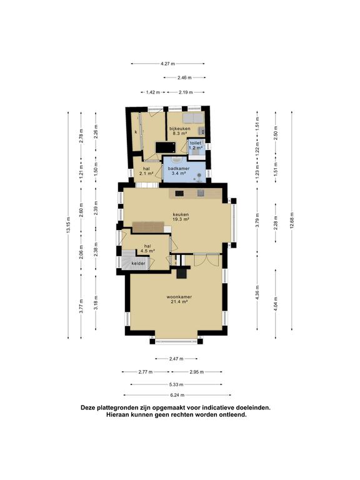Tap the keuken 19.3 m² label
tap(181, 217)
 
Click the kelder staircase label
tap(138, 264)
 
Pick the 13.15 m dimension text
tap(68, 225)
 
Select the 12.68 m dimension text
tap(292, 220)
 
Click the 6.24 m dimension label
tap(177, 395)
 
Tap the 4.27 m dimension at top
tap(167, 64)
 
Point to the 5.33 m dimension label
tap(176, 384)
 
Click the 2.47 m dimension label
tap(176, 359)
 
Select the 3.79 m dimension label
tap(257, 220)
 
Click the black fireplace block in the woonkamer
tap(182, 272)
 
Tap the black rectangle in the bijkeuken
tap(166, 147)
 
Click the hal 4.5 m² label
tap(147, 248)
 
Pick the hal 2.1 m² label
tap(146, 171)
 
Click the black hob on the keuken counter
tap(179, 193)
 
